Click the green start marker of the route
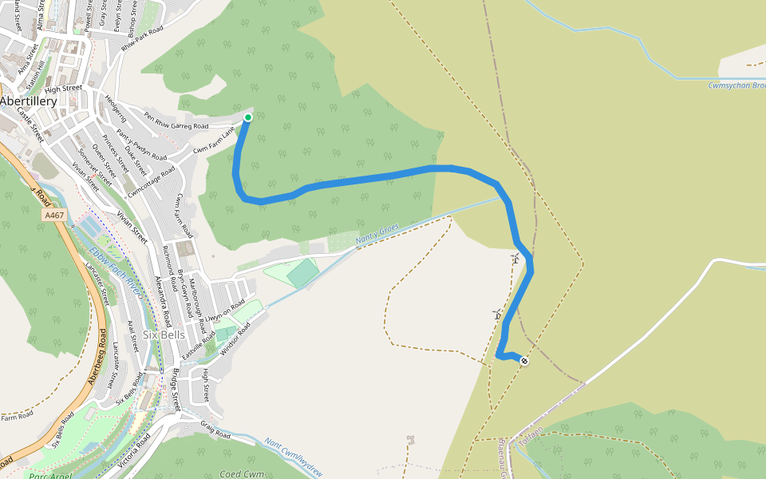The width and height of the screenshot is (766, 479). (247, 117)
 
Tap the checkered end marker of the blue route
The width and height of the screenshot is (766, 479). (524, 361)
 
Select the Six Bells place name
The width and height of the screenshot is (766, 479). (164, 335)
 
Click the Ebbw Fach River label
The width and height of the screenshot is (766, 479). (116, 271)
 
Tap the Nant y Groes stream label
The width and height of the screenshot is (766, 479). (377, 234)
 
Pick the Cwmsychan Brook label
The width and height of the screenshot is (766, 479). (736, 85)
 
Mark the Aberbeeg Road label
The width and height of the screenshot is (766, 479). (98, 357)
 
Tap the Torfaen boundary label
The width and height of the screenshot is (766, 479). (531, 435)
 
